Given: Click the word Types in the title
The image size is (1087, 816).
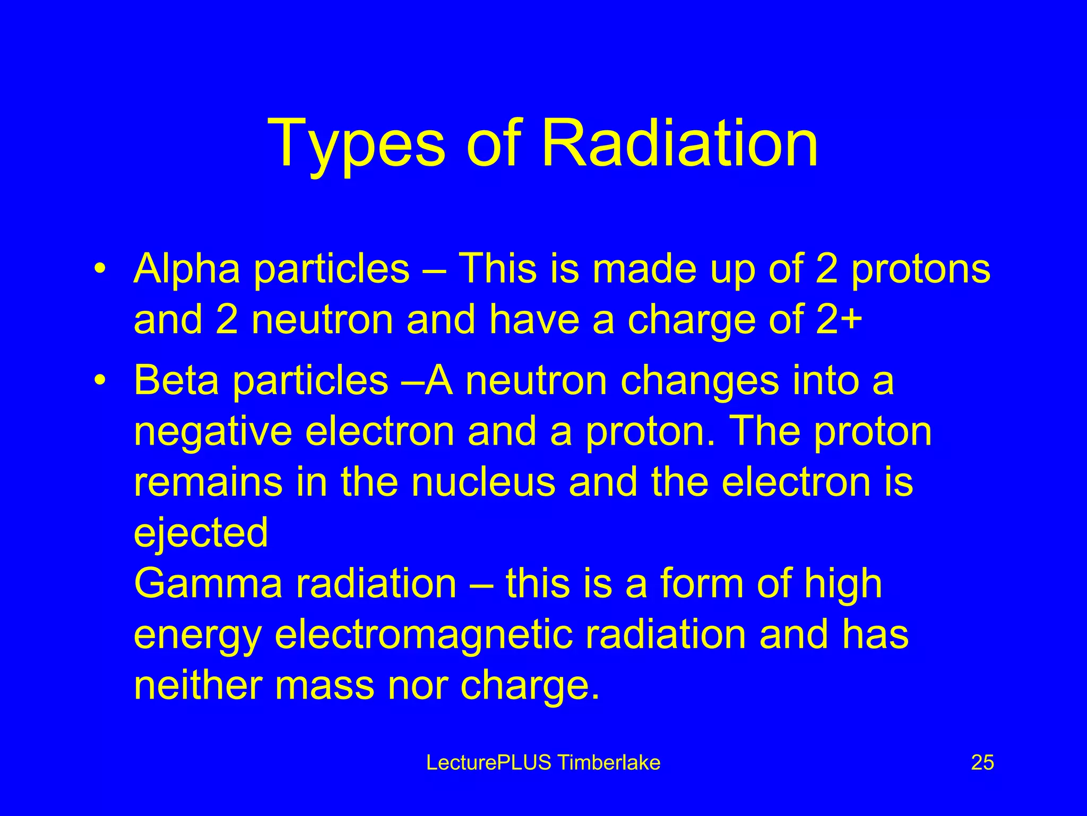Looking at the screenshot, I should coord(356,143).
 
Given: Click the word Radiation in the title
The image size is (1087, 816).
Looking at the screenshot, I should coord(679,143).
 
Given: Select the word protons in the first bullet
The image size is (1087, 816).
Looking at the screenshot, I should coord(921,269).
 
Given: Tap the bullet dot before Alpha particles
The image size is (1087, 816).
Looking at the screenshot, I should coord(98,269).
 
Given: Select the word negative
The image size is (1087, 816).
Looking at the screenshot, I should coord(213,431).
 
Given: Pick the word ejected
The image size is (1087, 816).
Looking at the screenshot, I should coord(201,533).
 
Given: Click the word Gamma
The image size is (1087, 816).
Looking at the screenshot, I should coord(208,583).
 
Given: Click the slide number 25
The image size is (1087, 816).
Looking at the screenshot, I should coord(982,763).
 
